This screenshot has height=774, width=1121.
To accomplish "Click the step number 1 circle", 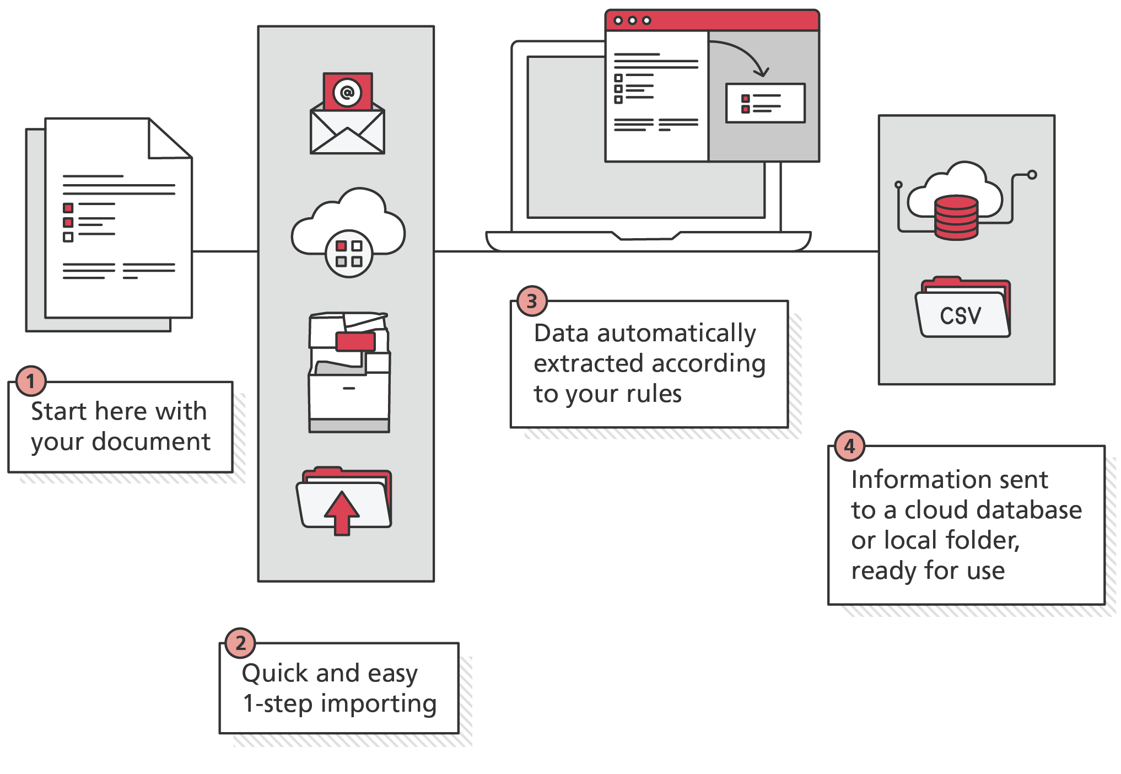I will [31, 381].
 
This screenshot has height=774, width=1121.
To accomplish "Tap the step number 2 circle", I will [240, 643].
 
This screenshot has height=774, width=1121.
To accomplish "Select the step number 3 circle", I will [532, 301].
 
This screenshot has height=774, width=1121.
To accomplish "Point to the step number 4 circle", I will [849, 446].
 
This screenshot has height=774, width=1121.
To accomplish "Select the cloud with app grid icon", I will [348, 232].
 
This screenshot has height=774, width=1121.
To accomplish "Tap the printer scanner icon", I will [349, 372].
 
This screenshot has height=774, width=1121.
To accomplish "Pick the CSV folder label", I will [961, 316].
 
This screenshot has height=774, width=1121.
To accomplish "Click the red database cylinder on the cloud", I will [957, 217].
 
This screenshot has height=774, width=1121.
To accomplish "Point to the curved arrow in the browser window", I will [741, 55].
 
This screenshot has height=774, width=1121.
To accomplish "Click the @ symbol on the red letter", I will [347, 92].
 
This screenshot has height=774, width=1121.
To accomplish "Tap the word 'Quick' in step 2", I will [274, 674].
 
